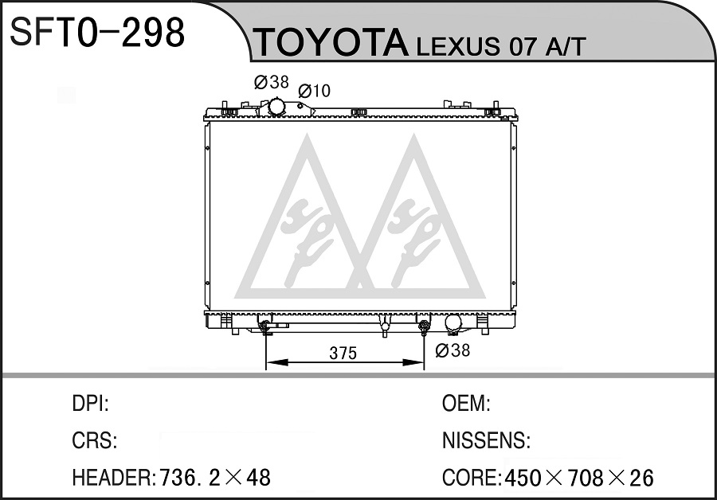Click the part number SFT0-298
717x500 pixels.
(x=97, y=32)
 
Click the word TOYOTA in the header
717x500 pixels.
(x=331, y=42)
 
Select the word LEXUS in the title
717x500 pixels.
(x=458, y=46)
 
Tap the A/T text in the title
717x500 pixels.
(x=565, y=45)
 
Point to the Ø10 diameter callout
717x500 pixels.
(x=314, y=91)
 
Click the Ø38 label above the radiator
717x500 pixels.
(x=272, y=82)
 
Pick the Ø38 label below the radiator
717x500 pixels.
(x=453, y=350)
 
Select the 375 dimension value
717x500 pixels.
(x=343, y=354)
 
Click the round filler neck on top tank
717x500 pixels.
(x=277, y=107)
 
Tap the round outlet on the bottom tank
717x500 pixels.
(x=453, y=322)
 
